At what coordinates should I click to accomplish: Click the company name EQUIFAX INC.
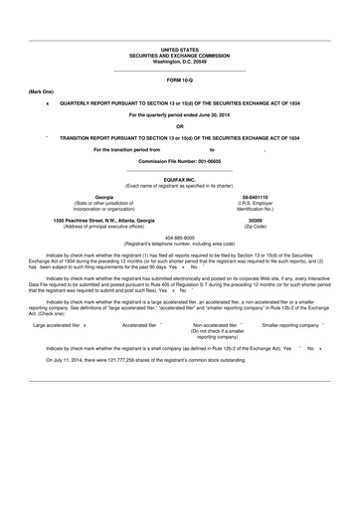click(x=180, y=180)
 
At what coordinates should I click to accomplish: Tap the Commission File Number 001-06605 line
click(x=180, y=160)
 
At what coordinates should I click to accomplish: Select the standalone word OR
click(x=180, y=125)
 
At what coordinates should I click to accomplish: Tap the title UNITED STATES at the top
click(x=180, y=48)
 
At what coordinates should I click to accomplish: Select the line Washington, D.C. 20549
click(x=180, y=60)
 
